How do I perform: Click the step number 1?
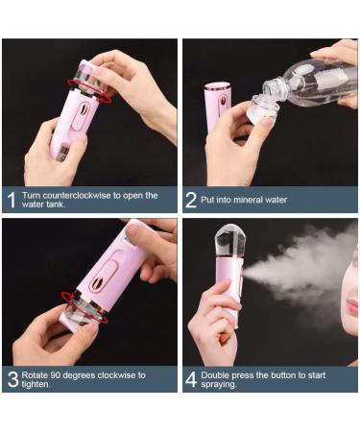[12, 200]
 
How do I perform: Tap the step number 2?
[191, 200]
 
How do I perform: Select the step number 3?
[12, 378]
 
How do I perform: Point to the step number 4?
[191, 378]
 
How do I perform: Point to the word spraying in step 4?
[219, 384]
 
